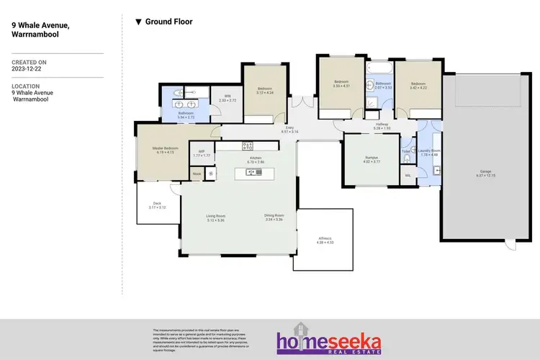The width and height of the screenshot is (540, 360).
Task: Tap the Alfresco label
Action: tap(325, 240)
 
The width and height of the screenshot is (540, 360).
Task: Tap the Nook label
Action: tap(196, 174)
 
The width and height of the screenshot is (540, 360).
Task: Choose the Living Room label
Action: tap(216, 217)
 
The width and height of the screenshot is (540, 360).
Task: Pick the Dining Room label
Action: tap(274, 217)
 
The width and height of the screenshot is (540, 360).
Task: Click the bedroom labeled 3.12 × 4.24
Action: tap(266, 91)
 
